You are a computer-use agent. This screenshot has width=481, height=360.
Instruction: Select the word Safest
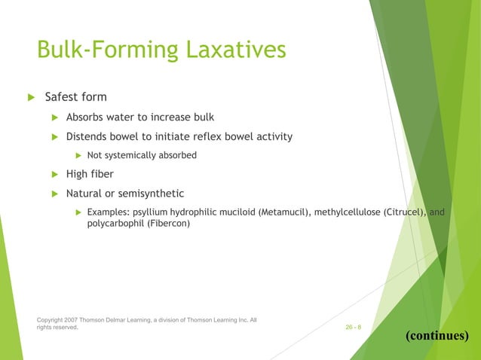pos(63,97)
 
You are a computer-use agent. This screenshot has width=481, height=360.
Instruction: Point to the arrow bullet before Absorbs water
pos(54,117)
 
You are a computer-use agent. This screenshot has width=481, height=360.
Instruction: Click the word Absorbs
pos(87,117)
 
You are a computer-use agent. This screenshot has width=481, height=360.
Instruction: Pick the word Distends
pos(89,136)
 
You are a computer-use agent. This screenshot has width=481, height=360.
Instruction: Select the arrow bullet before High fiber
pos(54,175)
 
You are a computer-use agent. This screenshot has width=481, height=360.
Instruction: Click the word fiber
pos(102,175)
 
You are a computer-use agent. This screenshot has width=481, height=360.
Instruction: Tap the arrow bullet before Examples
pos(77,213)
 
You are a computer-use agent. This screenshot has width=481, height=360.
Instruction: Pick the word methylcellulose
pos(348,213)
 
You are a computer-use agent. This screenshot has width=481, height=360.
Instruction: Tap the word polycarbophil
pos(108,224)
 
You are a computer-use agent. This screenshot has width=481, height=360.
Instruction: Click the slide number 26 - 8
pos(353,328)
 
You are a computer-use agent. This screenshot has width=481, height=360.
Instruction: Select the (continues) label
pos(437,335)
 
